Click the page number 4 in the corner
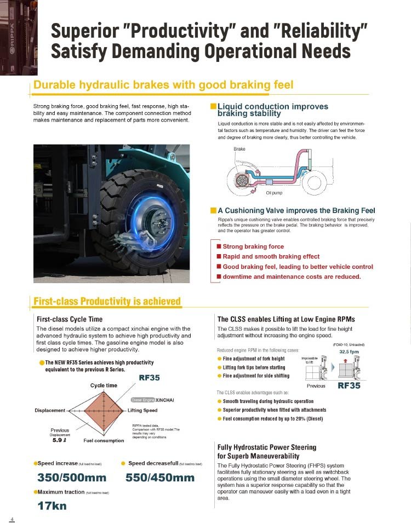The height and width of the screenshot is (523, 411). [12, 518]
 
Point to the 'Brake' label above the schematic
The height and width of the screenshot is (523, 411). [239, 149]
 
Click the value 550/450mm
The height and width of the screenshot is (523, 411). [160, 478]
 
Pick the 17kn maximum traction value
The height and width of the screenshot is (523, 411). [52, 505]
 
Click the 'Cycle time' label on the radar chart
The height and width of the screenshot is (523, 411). [104, 386]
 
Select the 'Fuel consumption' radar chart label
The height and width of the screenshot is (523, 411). [104, 440]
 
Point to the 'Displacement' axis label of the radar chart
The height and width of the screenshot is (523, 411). [50, 410]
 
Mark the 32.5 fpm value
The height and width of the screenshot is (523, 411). [350, 352]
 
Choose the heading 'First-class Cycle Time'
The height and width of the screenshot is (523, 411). [69, 319]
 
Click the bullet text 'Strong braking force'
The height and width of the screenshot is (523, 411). [253, 246]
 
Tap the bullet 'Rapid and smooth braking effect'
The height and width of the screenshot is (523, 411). [271, 256]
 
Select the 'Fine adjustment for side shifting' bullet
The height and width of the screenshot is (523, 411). [256, 376]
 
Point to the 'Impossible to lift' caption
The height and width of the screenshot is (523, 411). [310, 360]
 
